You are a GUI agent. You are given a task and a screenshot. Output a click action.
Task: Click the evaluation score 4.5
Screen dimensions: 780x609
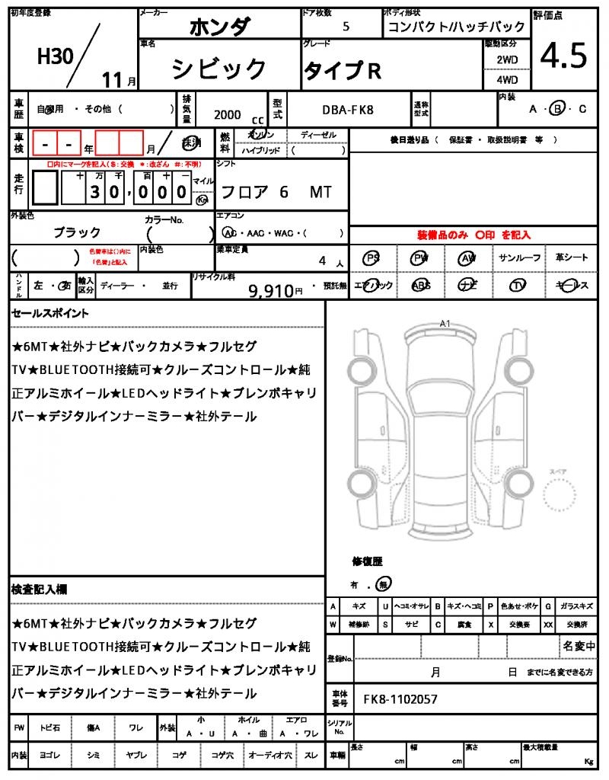563,56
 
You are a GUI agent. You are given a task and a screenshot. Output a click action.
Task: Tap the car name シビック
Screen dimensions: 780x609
218,69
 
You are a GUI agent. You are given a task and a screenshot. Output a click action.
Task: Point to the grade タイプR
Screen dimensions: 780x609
343,70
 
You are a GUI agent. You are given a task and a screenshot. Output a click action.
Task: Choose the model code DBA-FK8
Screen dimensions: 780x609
349,111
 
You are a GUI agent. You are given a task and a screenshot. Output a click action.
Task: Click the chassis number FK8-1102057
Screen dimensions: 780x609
400,699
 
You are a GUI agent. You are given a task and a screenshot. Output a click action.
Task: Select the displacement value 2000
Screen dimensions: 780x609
228,114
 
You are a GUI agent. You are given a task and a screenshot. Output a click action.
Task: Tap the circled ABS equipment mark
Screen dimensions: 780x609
420,285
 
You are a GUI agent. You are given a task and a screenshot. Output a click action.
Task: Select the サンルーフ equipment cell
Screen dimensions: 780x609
520,258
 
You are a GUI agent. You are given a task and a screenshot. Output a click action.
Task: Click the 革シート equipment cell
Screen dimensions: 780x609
571,258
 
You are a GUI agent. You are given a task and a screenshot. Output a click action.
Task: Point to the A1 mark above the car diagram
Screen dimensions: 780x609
445,323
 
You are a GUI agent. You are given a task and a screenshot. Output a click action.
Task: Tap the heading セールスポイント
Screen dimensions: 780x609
50,313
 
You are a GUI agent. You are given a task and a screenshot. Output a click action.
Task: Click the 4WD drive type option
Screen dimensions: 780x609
507,79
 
